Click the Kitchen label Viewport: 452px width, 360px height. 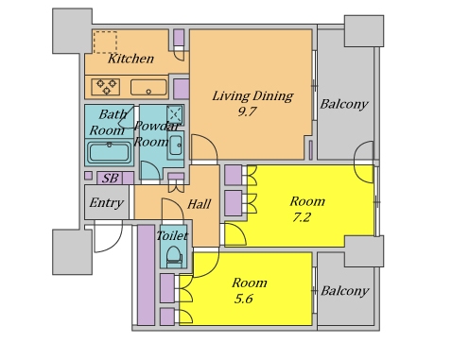coord(130,59)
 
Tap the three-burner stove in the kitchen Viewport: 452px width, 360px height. coord(106,87)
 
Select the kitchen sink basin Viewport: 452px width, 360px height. coord(148,87)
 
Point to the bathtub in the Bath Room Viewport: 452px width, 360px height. coord(109,152)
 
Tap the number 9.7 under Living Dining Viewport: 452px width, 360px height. coord(247,111)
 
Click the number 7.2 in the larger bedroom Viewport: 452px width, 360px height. coord(302,217)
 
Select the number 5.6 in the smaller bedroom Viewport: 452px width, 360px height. coord(243,299)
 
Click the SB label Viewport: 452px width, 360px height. coord(111,179)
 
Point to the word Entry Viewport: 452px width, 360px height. coord(106,202)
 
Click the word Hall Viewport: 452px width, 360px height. coord(199,204)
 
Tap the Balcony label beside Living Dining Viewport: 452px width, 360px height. coord(344,104)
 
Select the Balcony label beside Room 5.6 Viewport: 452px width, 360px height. coord(344,291)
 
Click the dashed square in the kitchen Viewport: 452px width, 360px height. coord(105,43)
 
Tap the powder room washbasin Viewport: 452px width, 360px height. coord(175,146)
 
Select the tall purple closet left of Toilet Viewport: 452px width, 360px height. coord(146,275)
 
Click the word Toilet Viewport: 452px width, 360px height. coord(172,235)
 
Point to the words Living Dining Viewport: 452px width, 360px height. coord(252,96)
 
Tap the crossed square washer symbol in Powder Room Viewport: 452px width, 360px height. coord(175,114)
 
